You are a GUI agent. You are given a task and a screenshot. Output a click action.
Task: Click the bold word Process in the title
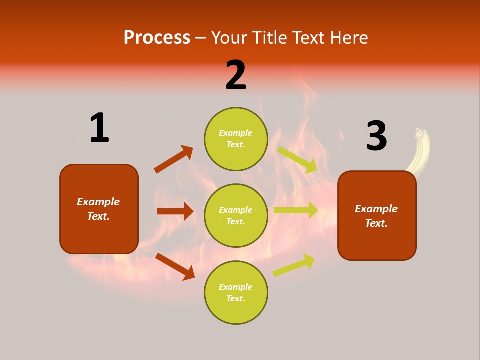coord(157,38)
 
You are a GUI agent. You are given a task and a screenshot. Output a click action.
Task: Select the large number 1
coord(99,128)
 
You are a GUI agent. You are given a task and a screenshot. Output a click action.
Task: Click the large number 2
coord(236,75)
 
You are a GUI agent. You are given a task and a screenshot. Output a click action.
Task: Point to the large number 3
coord(376,136)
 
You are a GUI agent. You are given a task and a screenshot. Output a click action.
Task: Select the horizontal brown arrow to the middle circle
coord(175,211)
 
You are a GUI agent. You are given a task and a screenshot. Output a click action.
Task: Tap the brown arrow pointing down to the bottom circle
coord(175,266)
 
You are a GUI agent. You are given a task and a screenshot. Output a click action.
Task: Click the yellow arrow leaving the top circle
coord(297,159)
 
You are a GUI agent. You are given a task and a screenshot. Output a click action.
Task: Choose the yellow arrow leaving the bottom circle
coord(294,265)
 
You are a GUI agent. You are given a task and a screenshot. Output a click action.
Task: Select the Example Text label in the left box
coord(98,209)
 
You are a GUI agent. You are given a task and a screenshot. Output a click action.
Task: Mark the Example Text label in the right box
coord(376,216)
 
